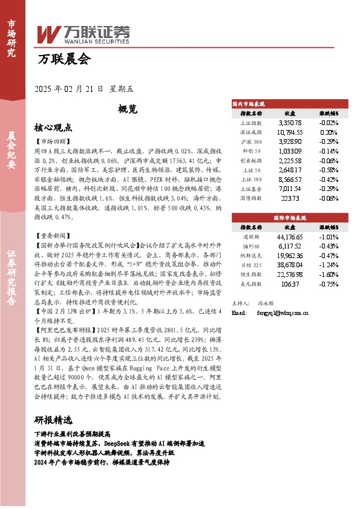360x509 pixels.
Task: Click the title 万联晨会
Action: point(64,59)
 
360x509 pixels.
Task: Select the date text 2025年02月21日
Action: point(70,88)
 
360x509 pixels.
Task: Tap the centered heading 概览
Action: point(128,109)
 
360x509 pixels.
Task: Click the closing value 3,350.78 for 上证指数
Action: point(290,123)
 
